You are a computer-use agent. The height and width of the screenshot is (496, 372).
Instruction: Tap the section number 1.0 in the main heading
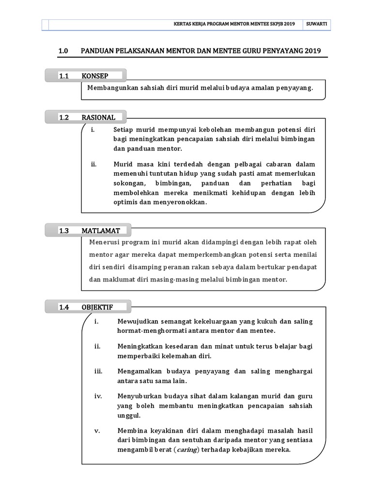pyautogui.click(x=64, y=51)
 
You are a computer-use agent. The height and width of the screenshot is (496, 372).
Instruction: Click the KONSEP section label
pyautogui.click(x=95, y=76)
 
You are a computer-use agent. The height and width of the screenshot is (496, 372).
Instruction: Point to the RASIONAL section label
pyautogui.click(x=98, y=117)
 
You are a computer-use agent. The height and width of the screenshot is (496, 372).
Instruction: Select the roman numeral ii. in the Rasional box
pyautogui.click(x=94, y=165)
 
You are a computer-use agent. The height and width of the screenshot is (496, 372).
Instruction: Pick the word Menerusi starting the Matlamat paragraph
pyautogui.click(x=104, y=242)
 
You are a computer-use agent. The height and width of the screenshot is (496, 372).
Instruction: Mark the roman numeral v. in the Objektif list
pyautogui.click(x=96, y=431)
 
